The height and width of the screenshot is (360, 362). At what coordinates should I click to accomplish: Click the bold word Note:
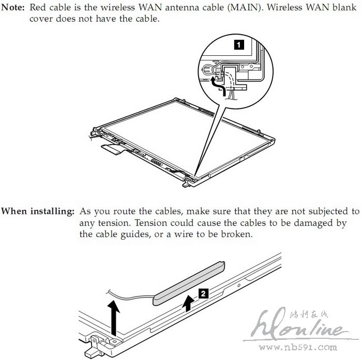(12, 7)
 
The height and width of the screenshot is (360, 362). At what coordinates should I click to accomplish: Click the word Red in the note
(38, 7)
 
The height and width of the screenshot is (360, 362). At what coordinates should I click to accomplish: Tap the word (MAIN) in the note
(246, 7)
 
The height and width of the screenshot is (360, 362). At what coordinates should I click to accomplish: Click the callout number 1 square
(239, 44)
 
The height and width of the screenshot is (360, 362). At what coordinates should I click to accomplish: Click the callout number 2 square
(203, 293)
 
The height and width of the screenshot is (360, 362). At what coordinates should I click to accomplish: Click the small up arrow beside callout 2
(188, 304)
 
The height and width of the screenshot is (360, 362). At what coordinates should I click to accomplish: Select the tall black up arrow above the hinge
(114, 318)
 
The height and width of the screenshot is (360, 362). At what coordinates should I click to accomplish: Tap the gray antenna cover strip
(189, 284)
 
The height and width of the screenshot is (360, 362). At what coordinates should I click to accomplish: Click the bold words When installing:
(38, 211)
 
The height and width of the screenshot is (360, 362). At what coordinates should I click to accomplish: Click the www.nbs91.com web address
(297, 347)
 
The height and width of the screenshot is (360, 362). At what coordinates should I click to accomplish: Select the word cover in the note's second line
(41, 19)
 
